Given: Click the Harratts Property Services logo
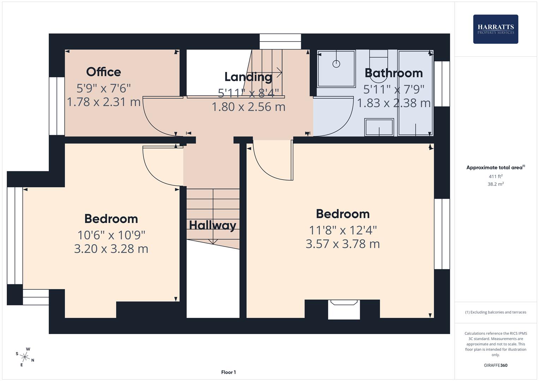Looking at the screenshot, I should [x=495, y=29].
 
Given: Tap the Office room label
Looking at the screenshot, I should [x=103, y=72].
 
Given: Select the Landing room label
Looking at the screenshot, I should [x=248, y=77].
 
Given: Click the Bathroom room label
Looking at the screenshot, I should [x=394, y=73].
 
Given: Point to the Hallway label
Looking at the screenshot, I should [x=212, y=225].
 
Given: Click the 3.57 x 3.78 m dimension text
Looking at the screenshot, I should [x=342, y=244].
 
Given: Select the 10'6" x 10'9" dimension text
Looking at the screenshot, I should [x=111, y=235].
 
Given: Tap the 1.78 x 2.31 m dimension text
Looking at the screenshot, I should [x=103, y=102].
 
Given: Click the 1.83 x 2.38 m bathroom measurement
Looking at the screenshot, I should [x=394, y=103].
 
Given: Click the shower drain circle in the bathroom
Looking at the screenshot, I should [x=336, y=64].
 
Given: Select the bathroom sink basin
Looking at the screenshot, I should [x=379, y=127].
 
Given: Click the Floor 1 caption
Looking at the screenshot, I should [x=228, y=372].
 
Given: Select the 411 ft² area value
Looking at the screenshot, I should [x=495, y=176].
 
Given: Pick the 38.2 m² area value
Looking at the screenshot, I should [x=495, y=184].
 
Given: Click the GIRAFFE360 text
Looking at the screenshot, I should [x=495, y=365].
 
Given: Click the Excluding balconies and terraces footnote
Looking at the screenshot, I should [x=495, y=312].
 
